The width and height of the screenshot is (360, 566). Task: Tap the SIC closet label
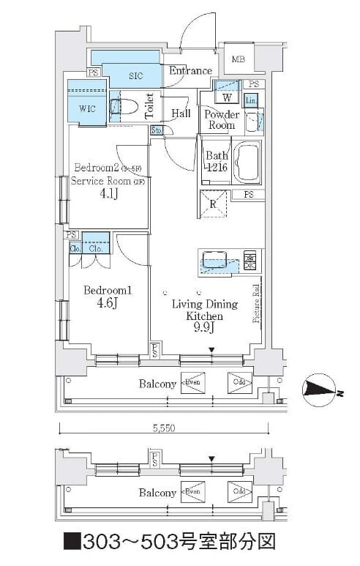point(136,75)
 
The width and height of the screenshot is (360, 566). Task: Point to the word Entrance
point(190,71)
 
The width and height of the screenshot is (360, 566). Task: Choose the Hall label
point(181,113)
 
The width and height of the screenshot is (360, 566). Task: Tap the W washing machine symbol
point(227,97)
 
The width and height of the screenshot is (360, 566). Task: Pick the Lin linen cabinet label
point(251,100)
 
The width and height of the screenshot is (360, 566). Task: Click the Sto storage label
point(157,130)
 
